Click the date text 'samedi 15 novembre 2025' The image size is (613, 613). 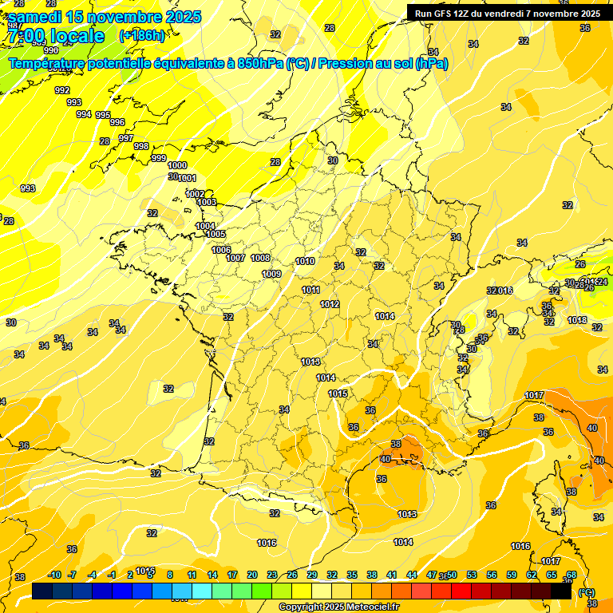tap(105, 17)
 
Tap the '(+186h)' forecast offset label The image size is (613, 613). tap(141, 35)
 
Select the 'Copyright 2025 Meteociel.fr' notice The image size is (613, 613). tap(339, 607)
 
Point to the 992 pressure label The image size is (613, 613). tap(62, 90)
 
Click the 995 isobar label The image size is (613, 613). tap(103, 115)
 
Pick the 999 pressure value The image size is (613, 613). tap(159, 158)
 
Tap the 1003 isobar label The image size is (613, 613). tap(207, 202)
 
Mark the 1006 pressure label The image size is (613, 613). tap(221, 250)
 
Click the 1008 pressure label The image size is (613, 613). tap(260, 258)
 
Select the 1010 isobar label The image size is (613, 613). tap(304, 261)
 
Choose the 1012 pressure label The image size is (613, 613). tap(330, 304)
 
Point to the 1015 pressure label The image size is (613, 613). tap(338, 394)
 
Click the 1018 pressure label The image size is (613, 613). tap(577, 320)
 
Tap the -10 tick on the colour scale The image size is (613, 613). tap(54, 575)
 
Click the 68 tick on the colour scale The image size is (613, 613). tap(571, 575)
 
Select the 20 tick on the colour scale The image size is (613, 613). tap(252, 575)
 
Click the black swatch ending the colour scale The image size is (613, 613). tap(561, 591)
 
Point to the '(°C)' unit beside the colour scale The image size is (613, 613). tap(587, 591)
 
